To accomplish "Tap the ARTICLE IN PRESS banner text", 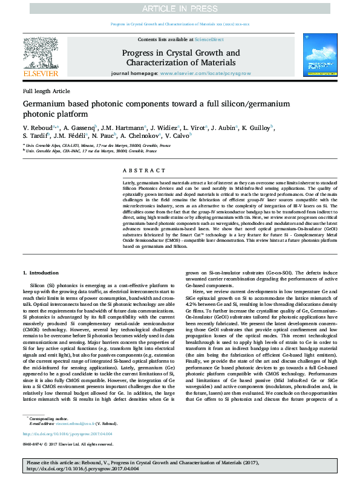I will click(x=180, y=7).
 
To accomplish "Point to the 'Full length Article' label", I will click(x=47, y=91).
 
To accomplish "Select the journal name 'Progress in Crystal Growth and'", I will click(x=180, y=53).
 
